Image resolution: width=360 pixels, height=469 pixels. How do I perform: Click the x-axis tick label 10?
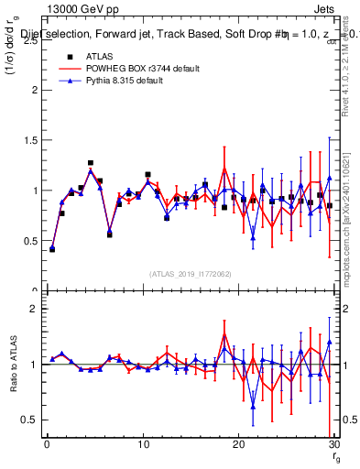[143, 444]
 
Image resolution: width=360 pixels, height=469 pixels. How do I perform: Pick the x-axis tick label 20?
[239, 444]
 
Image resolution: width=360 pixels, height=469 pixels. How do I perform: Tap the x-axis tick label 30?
[334, 444]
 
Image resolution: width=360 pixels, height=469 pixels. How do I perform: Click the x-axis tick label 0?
[47, 444]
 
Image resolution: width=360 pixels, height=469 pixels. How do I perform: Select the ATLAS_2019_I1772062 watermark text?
[191, 274]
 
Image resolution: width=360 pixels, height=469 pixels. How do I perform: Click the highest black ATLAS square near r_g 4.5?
[91, 163]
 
